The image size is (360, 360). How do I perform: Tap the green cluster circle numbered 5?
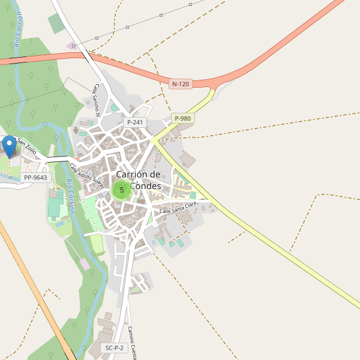[x=122, y=190]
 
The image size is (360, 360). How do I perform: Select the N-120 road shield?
[x=181, y=84]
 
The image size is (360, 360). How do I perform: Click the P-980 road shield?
[x=182, y=118]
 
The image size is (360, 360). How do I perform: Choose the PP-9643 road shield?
[x=35, y=178]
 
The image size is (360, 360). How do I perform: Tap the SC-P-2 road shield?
[x=114, y=348]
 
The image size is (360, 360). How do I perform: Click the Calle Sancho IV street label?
[x=97, y=100]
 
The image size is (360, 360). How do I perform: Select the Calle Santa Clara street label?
[x=178, y=208]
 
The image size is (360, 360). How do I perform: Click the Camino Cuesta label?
[x=133, y=343]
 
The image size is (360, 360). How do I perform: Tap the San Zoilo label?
[x=27, y=146]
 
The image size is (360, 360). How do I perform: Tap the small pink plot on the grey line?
[x=73, y=46]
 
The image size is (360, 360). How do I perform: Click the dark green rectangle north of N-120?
[x=55, y=23]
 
